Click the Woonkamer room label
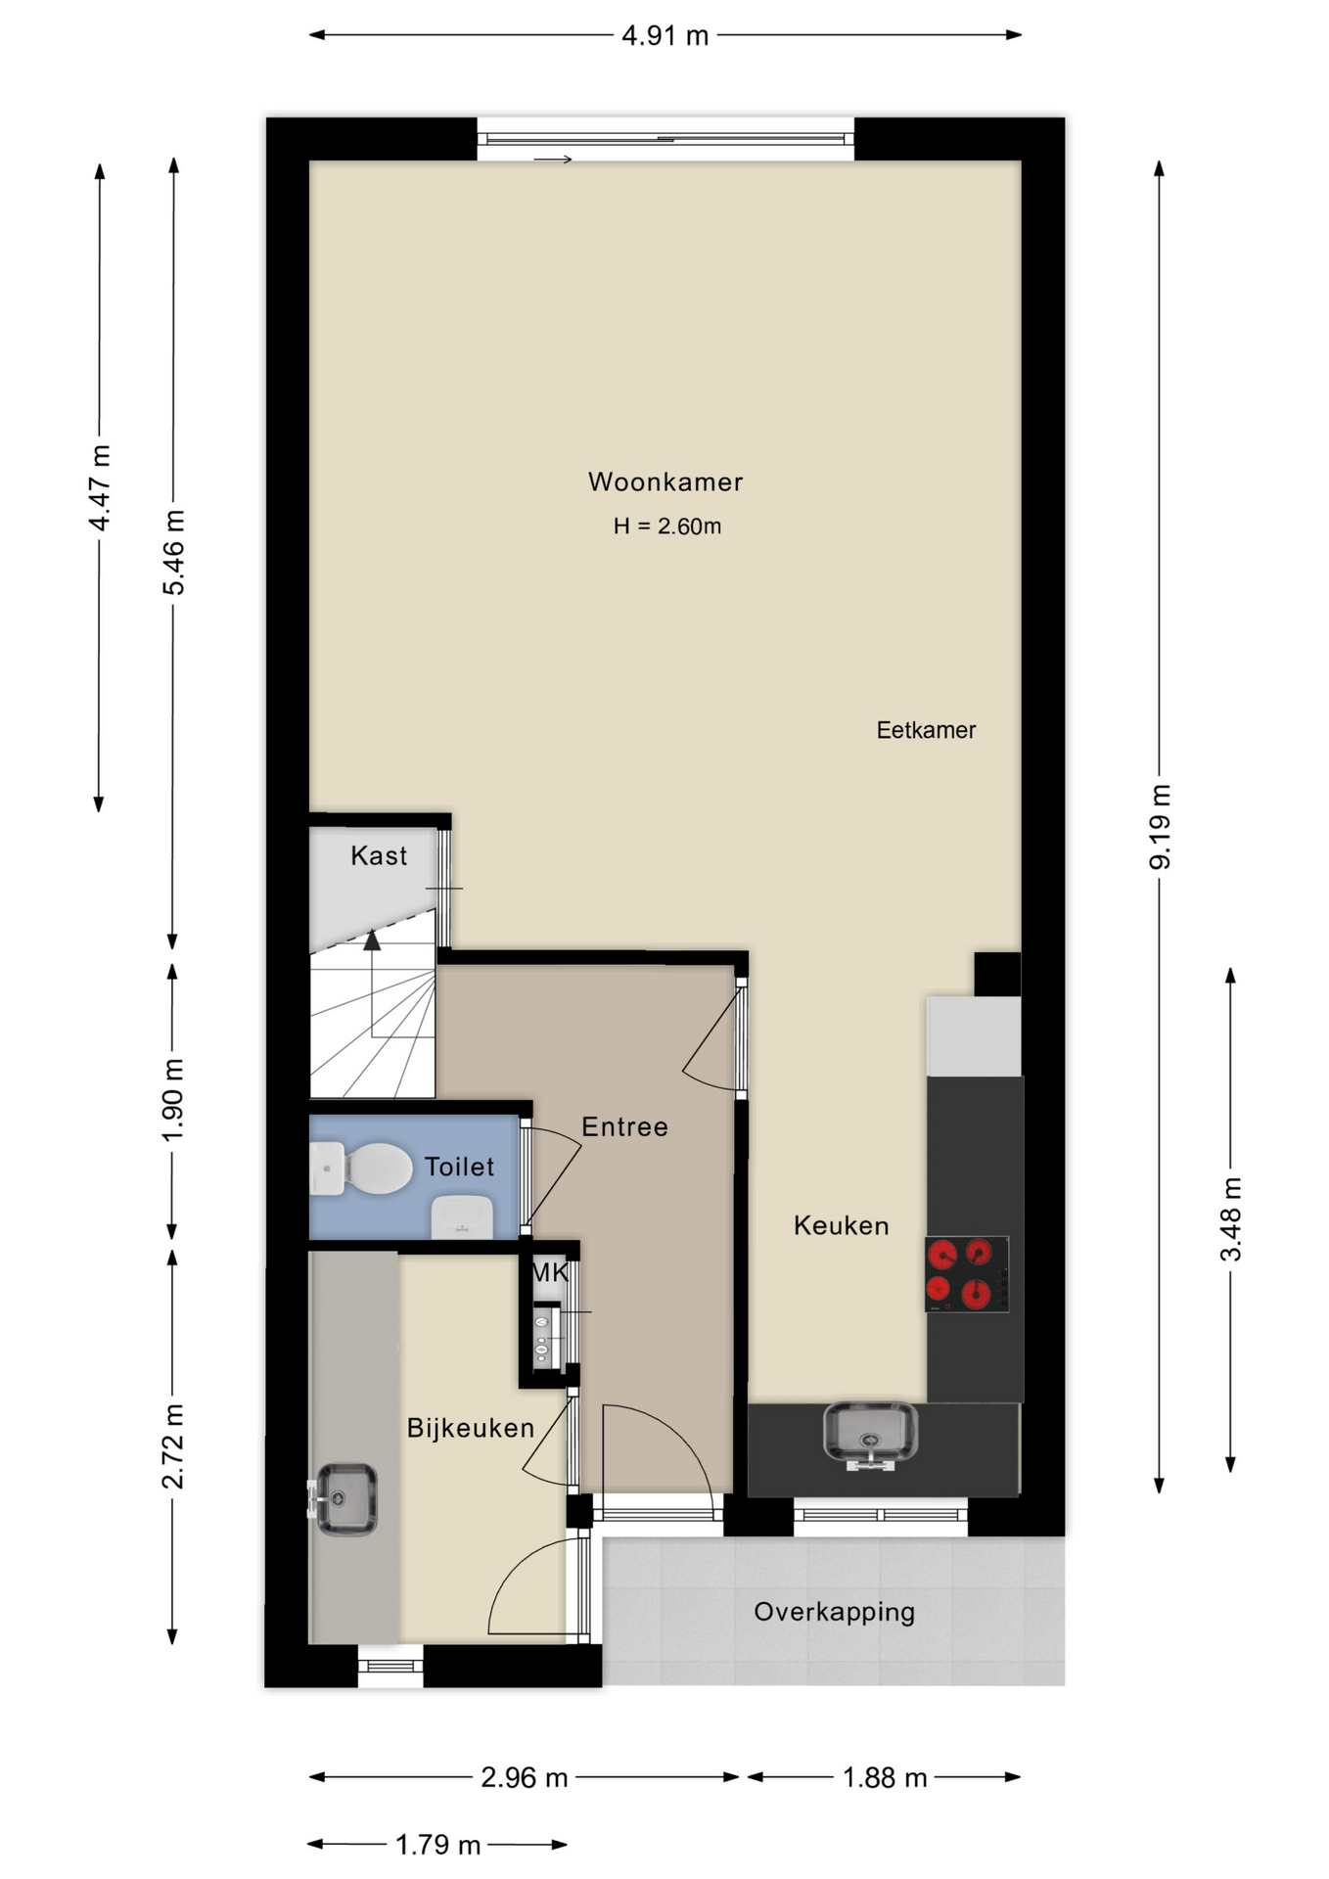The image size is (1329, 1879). (665, 481)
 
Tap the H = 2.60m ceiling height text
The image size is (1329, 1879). (667, 527)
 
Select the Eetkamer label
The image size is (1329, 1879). (926, 730)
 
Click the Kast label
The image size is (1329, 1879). (379, 856)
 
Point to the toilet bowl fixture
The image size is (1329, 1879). (361, 1169)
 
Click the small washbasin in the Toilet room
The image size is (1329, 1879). (462, 1216)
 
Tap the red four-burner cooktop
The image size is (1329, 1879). (967, 1273)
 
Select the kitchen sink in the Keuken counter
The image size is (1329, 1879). (870, 1436)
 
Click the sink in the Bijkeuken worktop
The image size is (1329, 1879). (344, 1499)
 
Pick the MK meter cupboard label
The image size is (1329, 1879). (549, 1272)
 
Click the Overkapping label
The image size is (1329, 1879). (835, 1612)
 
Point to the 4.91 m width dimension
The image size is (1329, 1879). (665, 36)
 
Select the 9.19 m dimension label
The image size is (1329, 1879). (1160, 826)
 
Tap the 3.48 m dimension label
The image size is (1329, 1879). (1231, 1218)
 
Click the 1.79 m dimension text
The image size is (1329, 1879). (437, 1846)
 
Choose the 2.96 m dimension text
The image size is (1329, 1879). (525, 1777)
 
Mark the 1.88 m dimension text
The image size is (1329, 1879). (885, 1777)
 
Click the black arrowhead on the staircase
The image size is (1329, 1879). (372, 940)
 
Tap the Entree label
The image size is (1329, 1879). (624, 1127)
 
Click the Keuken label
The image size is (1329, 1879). (842, 1226)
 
